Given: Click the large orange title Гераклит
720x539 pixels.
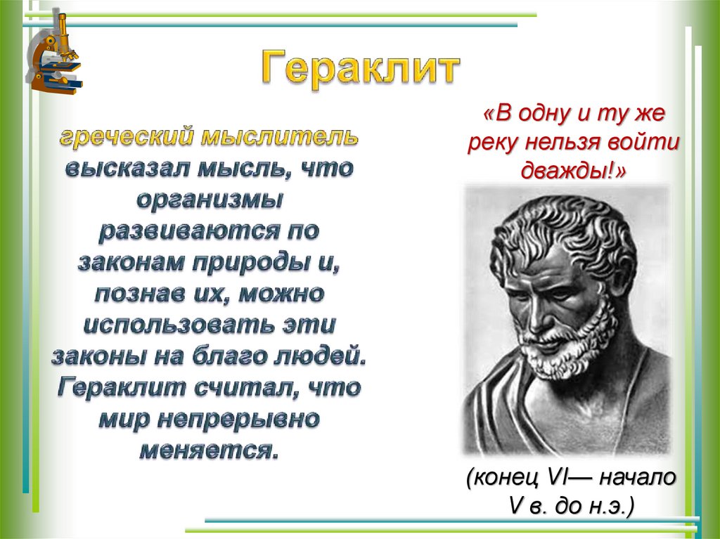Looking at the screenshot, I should tap(362, 69).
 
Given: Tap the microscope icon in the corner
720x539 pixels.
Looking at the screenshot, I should tap(55, 53).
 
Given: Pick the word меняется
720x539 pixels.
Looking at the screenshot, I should tap(209, 451).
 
